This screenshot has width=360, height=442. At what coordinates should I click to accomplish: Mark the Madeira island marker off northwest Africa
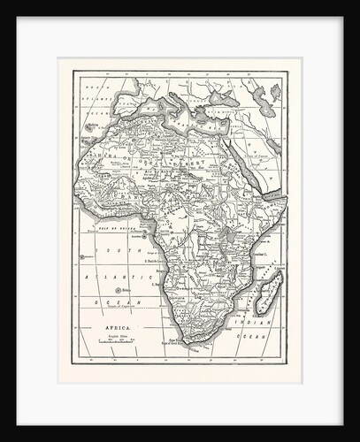click(x=90, y=126)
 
